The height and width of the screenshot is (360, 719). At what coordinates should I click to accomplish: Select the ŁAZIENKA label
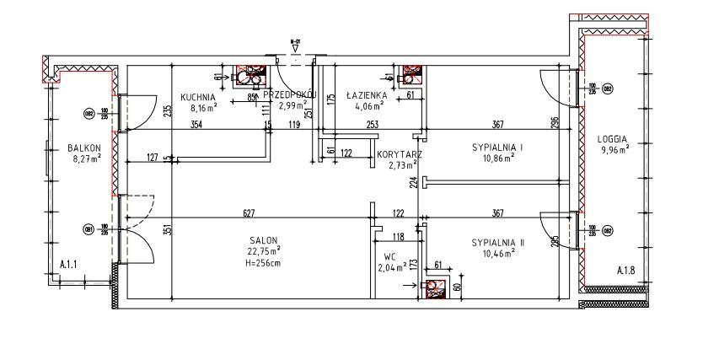(366, 96)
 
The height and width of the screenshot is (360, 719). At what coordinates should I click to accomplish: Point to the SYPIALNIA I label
(497, 148)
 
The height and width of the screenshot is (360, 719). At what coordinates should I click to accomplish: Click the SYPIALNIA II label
(497, 243)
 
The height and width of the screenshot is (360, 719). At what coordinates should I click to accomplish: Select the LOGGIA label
(614, 139)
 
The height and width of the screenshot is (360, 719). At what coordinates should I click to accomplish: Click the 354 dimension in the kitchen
(196, 126)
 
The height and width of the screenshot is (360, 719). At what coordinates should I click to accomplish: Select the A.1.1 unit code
(69, 266)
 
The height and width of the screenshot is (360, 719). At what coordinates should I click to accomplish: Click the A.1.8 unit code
(625, 271)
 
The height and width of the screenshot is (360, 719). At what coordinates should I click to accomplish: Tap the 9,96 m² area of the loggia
(614, 150)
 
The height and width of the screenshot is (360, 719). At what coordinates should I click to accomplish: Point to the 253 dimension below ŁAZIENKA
(373, 126)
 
